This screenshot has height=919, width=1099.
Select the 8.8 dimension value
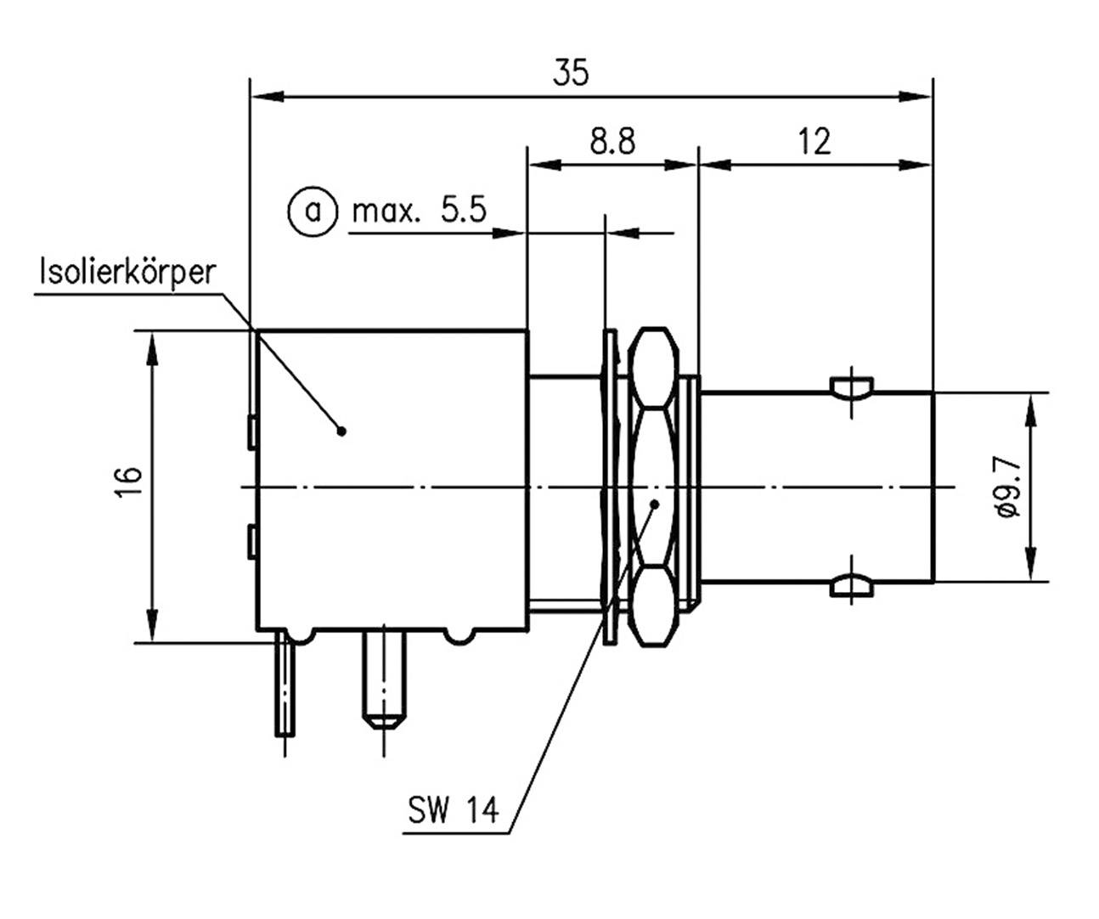tap(612, 141)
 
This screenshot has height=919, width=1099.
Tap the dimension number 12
tap(814, 141)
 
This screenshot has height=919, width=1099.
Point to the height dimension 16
tap(128, 485)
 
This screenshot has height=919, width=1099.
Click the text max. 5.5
tap(420, 210)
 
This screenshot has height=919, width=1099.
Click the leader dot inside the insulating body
tap(342, 431)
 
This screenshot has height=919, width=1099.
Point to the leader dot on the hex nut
tap(655, 504)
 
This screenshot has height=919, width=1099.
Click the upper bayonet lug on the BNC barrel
tap(850, 389)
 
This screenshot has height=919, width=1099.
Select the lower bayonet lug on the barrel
tap(850, 585)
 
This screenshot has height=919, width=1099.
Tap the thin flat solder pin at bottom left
tap(285, 688)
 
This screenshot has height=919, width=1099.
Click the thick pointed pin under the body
tap(384, 679)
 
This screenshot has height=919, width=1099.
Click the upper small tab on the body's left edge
tap(251, 431)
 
